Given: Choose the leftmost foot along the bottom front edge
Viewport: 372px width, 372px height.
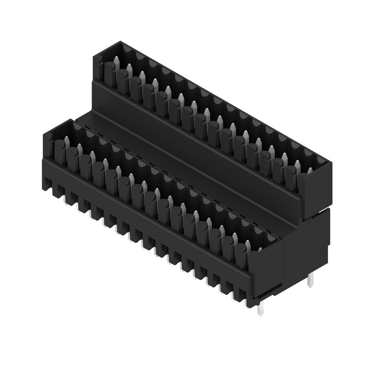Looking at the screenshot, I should click(47, 184).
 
